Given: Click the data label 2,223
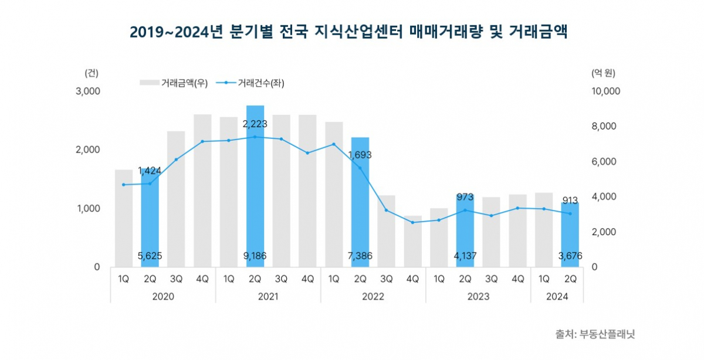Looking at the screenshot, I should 255,124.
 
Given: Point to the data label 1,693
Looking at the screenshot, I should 360,155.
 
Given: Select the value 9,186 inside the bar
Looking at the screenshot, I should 255,256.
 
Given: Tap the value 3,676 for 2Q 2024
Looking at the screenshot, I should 570,256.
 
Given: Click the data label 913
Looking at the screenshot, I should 570,200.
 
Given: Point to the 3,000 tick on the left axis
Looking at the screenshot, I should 88,91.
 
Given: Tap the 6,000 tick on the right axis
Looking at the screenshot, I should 604,162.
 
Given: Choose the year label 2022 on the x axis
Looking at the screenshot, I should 373,297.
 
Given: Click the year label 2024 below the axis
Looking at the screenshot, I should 557,297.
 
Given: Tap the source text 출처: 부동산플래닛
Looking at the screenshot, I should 595,335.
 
